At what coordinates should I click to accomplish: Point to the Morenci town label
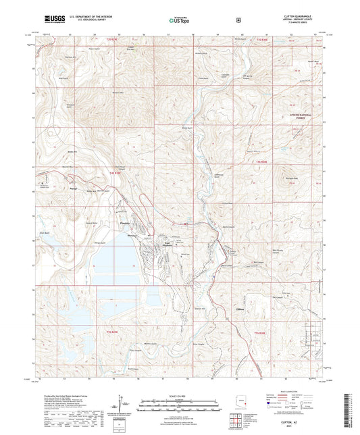click(x=132, y=236)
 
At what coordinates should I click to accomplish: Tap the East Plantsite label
click(x=163, y=245)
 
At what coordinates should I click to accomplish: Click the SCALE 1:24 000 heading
click(x=180, y=395)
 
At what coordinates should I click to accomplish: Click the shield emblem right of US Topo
click(x=238, y=20)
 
